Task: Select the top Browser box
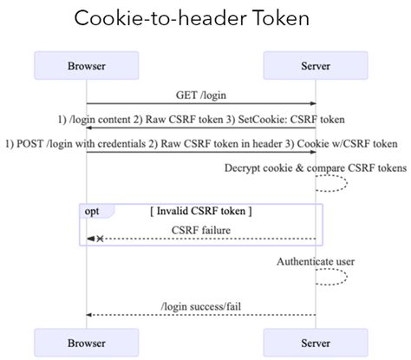(x=87, y=65)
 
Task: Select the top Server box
(x=315, y=65)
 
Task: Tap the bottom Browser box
(x=87, y=343)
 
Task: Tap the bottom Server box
(x=315, y=343)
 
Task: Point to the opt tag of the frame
(x=91, y=211)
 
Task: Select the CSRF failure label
(x=201, y=229)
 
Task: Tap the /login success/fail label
(x=200, y=305)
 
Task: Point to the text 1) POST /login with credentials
(x=74, y=144)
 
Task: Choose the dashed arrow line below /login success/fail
(x=201, y=315)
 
